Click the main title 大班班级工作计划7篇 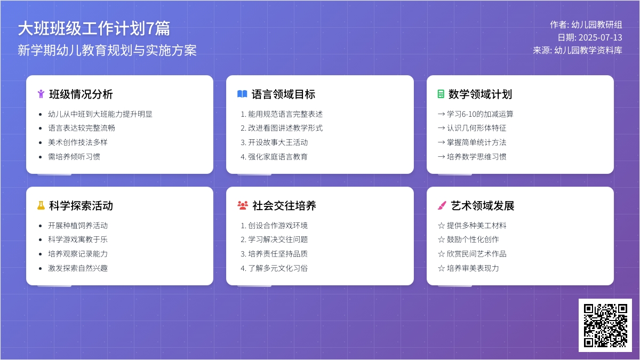pyautogui.click(x=94, y=28)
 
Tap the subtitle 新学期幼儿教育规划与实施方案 pyautogui.click(x=107, y=50)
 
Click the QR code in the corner pyautogui.click(x=605, y=325)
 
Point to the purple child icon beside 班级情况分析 pyautogui.click(x=41, y=94)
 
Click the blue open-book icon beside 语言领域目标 pyautogui.click(x=242, y=94)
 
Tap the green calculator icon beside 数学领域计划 pyautogui.click(x=441, y=94)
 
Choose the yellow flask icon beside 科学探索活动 pyautogui.click(x=41, y=205)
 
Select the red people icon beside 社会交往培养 pyautogui.click(x=243, y=205)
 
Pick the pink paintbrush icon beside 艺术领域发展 pyautogui.click(x=442, y=205)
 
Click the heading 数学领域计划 pyautogui.click(x=480, y=94)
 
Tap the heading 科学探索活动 pyautogui.click(x=81, y=206)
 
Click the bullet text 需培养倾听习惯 pyautogui.click(x=74, y=157)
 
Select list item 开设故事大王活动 pyautogui.click(x=274, y=142)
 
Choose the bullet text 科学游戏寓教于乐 pyautogui.click(x=78, y=239)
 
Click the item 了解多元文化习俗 pyautogui.click(x=274, y=268)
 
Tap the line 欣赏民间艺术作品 pyautogui.click(x=472, y=254)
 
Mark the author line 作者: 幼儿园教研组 pyautogui.click(x=586, y=25)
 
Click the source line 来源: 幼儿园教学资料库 pyautogui.click(x=577, y=50)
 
